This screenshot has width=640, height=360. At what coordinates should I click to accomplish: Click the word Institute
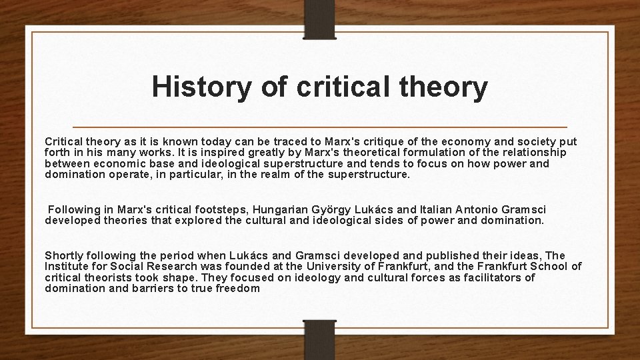pos(67,266)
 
